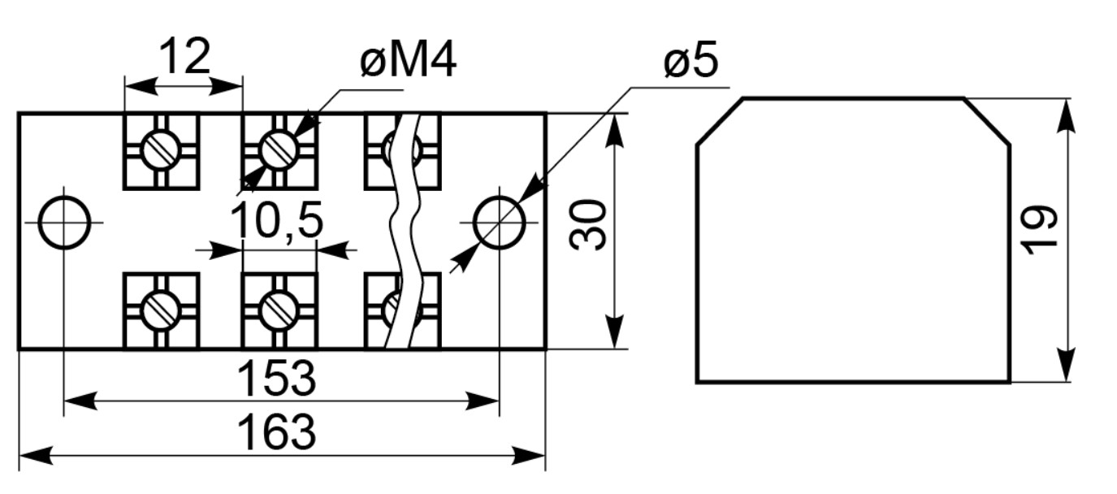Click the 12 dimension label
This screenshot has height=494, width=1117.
pyautogui.click(x=185, y=56)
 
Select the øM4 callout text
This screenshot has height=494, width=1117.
pyautogui.click(x=408, y=60)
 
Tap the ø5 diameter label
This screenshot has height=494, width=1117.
pyautogui.click(x=691, y=60)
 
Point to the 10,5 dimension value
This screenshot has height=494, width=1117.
pyautogui.click(x=277, y=219)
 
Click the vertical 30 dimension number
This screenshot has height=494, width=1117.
pyautogui.click(x=588, y=224)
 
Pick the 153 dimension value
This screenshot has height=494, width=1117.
pyautogui.click(x=277, y=379)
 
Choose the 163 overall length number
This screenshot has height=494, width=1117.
pyautogui.click(x=277, y=432)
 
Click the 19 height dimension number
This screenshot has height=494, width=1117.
pyautogui.click(x=1039, y=230)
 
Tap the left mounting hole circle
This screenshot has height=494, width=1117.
pyautogui.click(x=64, y=223)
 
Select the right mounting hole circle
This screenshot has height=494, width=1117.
pyautogui.click(x=499, y=223)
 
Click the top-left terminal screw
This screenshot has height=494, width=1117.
pyautogui.click(x=161, y=149)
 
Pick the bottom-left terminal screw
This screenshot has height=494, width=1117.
pyautogui.click(x=161, y=310)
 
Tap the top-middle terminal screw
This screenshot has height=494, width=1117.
pyautogui.click(x=279, y=149)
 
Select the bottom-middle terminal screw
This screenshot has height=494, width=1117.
pyautogui.click(x=279, y=310)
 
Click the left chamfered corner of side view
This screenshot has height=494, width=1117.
pyautogui.click(x=720, y=122)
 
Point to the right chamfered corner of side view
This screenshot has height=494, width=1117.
pyautogui.click(x=987, y=122)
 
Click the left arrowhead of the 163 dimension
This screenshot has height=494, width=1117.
pyautogui.click(x=36, y=456)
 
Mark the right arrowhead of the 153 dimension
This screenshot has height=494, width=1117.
pyautogui.click(x=482, y=401)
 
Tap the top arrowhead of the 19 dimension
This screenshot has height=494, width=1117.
pyautogui.click(x=1066, y=115)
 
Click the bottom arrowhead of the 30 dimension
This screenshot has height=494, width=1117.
pyautogui.click(x=614, y=331)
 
